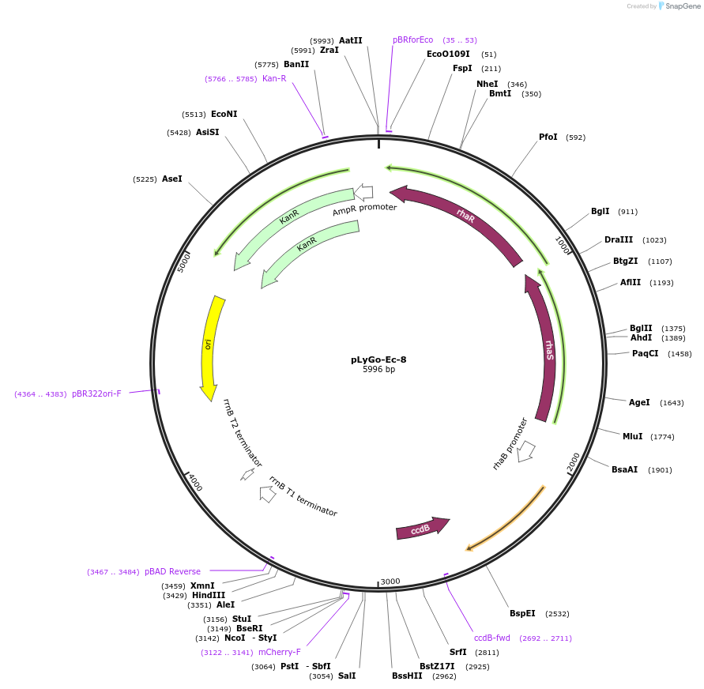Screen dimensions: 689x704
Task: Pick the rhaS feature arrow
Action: point(544,348)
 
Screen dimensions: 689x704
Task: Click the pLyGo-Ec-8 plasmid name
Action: point(378,360)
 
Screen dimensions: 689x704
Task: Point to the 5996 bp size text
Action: point(378,369)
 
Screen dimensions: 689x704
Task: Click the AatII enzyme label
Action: point(350,40)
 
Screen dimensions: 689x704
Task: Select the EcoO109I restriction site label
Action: point(448,55)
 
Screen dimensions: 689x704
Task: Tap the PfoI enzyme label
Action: point(548,137)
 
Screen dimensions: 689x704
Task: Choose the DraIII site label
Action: point(619,240)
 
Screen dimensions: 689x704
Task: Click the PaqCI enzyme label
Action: point(645,354)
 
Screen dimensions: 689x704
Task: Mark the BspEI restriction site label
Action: point(522,614)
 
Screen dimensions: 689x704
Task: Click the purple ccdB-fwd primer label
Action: point(492,638)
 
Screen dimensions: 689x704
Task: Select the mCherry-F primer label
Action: point(279,653)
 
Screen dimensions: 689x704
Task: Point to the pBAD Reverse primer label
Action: point(172,571)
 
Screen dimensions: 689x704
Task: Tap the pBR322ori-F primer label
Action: point(96,393)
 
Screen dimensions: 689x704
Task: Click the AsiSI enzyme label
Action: point(208,132)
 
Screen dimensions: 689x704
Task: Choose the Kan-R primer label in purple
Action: point(274,78)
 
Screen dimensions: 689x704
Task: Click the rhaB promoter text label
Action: point(510,444)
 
